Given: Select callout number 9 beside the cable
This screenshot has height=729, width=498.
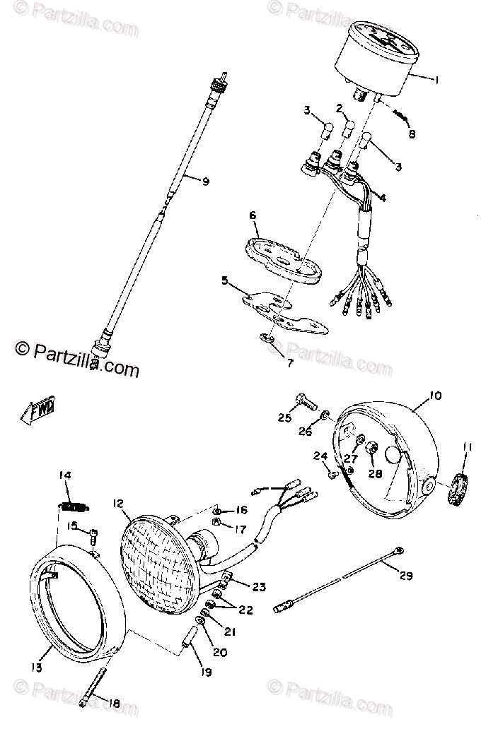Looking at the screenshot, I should pos(205,182).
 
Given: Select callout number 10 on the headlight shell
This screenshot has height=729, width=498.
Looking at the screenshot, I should pos(434,396).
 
